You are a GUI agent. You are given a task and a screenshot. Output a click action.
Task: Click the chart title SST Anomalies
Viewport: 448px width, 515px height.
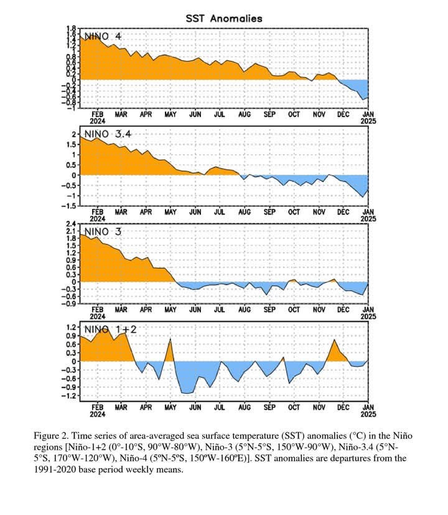[x=224, y=19]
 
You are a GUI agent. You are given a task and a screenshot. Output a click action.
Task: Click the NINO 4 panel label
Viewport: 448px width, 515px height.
[x=103, y=36]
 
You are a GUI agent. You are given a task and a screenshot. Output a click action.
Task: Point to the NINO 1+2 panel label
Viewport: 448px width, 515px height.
[x=108, y=328]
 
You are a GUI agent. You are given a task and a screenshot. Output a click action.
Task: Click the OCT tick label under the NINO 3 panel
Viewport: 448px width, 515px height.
[x=294, y=309]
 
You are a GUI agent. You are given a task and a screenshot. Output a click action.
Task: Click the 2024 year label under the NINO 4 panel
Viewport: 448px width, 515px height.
[x=97, y=122]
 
